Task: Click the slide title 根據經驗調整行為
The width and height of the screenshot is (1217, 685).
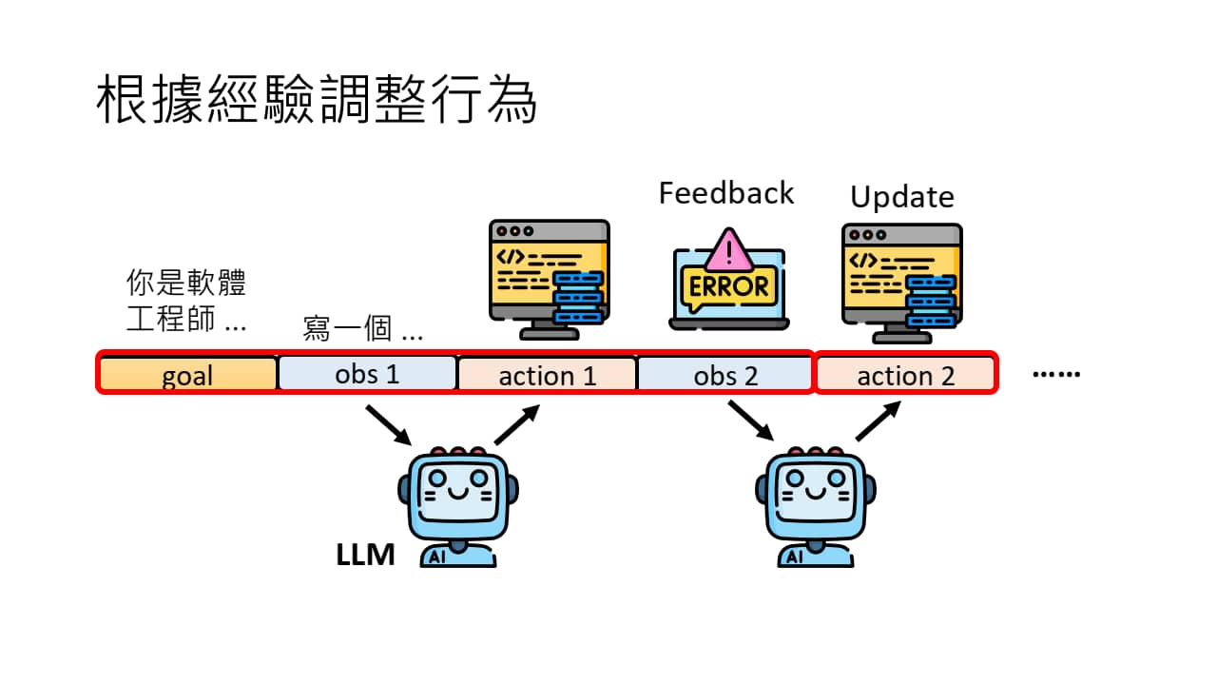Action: (317, 101)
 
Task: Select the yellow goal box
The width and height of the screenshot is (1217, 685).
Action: (187, 375)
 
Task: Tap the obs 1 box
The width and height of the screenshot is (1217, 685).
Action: (367, 374)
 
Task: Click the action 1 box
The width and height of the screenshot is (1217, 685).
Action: (547, 375)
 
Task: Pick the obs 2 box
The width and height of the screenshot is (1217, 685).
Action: (725, 375)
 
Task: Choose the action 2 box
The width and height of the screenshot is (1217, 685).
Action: (905, 375)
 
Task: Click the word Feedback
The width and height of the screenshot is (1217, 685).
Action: (725, 193)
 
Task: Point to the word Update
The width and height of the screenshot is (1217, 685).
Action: (901, 197)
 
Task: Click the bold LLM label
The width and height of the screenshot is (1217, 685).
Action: (365, 555)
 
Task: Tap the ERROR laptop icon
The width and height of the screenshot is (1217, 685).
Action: (728, 281)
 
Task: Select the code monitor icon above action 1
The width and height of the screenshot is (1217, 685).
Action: (549, 280)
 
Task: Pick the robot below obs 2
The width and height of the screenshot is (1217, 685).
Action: (816, 506)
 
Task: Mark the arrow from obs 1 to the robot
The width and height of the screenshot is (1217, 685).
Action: (388, 424)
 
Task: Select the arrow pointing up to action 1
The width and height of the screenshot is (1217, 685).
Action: (517, 424)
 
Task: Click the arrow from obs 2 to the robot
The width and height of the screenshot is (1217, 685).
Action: (750, 420)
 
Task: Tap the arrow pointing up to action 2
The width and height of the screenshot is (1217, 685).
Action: (879, 420)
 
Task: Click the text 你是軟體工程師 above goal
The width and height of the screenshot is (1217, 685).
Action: (186, 301)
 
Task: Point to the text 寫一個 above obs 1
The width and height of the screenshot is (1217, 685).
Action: (361, 328)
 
